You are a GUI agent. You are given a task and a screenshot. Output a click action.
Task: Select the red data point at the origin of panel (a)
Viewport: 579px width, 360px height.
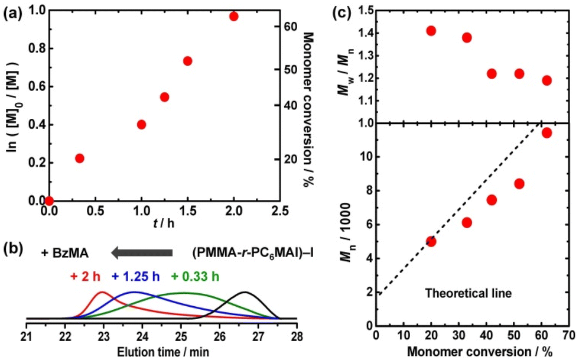49,201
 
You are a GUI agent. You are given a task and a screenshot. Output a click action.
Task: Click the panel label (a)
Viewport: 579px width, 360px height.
12,11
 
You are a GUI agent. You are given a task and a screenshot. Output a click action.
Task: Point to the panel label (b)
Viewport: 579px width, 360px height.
12,249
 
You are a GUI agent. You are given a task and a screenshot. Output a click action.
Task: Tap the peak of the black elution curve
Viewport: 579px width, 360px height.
245,292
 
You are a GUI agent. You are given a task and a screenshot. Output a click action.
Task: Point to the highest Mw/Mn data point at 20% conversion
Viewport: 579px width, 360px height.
431,31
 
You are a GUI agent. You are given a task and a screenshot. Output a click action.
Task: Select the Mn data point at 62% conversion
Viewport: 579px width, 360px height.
547,132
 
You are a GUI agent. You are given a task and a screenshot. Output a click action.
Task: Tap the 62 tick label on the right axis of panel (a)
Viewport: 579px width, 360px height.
289,26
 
